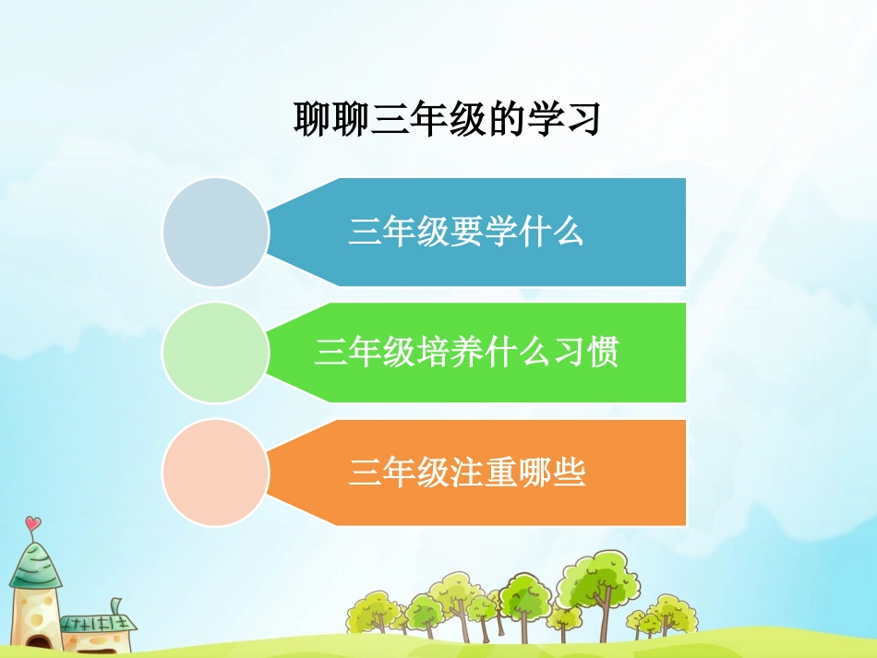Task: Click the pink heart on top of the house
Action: (x=33, y=524)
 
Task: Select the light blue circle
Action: (x=215, y=232)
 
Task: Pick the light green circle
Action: (x=215, y=353)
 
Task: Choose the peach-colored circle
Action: (x=215, y=473)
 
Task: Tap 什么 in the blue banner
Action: (x=555, y=232)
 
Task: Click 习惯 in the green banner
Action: (x=590, y=353)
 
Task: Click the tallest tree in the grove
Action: (x=601, y=581)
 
